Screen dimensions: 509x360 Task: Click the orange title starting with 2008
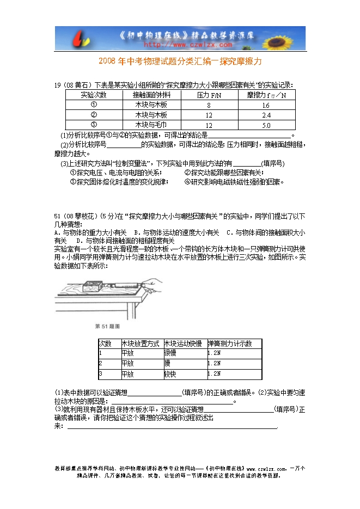point(180,62)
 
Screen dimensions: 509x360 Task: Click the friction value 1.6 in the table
point(266,105)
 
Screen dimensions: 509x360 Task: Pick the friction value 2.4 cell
point(266,115)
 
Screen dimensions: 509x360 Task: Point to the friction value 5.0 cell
point(266,125)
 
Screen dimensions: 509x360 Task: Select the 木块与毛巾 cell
point(151,125)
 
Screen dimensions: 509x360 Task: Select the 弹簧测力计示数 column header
point(229,344)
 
